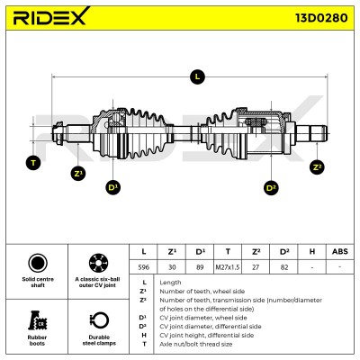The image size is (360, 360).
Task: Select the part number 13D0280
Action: coord(321,18)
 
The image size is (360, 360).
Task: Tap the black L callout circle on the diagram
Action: coord(197,76)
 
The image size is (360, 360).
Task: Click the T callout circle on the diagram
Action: coord(33,163)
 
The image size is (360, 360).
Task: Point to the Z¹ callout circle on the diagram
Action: coord(78,174)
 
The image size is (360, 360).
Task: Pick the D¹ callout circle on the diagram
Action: coord(113,187)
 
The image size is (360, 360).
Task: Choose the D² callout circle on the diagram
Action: coord(271,188)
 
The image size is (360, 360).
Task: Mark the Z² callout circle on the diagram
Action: coord(317,167)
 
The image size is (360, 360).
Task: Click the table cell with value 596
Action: coord(143,267)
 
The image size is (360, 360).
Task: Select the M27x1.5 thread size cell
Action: coord(228,267)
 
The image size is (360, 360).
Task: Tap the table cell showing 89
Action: coord(200,267)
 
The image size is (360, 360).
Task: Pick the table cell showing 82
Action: coord(284,267)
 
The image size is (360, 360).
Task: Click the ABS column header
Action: coord(340,252)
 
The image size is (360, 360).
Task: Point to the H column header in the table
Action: coord(312,252)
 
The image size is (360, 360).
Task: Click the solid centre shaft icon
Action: coord(38,263)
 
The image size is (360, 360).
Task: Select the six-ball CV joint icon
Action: coord(99,263)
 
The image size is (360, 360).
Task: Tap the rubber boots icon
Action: coord(37,320)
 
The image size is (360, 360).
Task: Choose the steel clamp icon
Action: coord(99,320)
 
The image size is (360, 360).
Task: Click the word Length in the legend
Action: coord(170,283)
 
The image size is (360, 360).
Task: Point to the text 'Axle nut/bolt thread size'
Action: coord(196,344)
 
